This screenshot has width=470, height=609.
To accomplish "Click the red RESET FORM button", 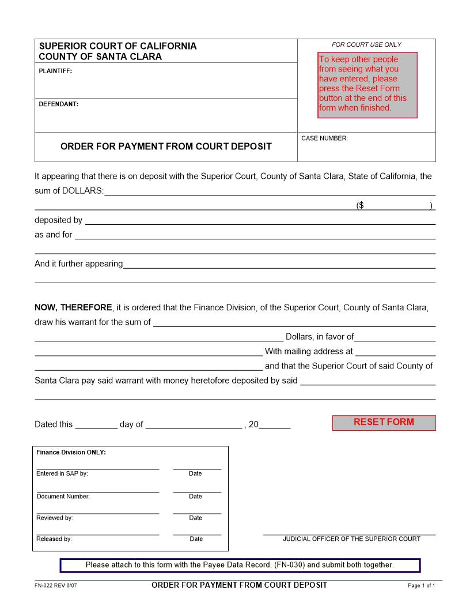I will [384, 422].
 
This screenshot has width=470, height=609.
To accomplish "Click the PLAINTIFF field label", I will [55, 72].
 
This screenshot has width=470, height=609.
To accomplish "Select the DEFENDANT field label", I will [58, 104].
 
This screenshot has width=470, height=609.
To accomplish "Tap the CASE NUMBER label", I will [324, 138].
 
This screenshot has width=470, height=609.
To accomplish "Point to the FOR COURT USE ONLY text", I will [366, 44].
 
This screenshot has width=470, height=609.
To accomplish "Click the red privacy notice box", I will [367, 84].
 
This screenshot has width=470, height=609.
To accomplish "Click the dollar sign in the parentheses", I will [360, 205].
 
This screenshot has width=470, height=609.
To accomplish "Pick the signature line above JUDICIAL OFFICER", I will [349, 534].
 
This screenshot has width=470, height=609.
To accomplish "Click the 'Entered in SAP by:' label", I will [62, 473].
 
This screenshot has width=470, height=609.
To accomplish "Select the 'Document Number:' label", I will [63, 496].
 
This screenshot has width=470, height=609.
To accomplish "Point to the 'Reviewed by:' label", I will [55, 518].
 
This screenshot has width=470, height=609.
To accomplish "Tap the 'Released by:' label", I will [54, 539].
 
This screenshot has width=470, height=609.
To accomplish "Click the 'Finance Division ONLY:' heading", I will [71, 453].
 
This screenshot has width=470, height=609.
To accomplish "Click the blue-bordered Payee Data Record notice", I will [240, 565].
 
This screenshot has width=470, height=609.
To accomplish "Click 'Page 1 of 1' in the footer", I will [421, 586].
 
